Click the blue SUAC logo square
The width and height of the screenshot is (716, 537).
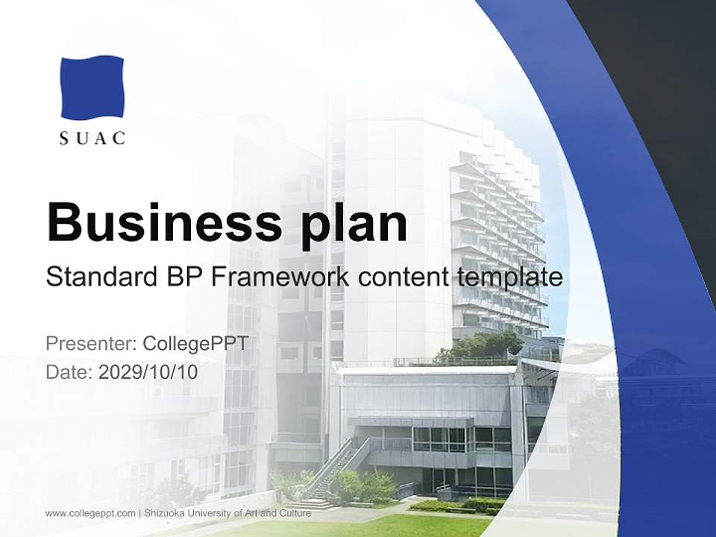tap(92, 87)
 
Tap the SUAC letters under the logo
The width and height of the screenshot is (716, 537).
tap(92, 139)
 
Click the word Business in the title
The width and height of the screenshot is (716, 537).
tap(157, 222)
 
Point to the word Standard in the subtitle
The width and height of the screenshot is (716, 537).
tap(98, 277)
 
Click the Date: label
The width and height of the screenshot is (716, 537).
tap(70, 371)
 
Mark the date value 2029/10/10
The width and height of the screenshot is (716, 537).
tap(148, 371)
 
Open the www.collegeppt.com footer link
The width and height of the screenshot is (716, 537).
tap(90, 513)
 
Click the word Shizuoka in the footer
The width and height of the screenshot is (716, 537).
tap(164, 513)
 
